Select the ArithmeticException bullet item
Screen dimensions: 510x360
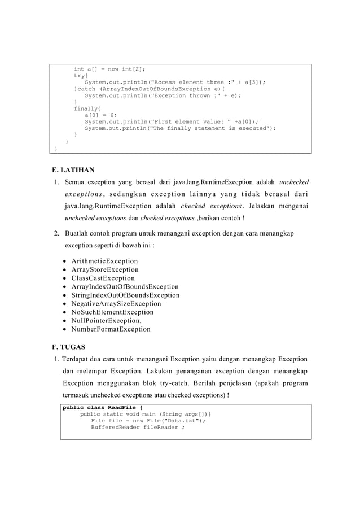tap(104, 261)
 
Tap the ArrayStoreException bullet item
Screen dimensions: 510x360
tap(105, 269)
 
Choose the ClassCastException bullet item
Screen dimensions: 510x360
tap(103, 278)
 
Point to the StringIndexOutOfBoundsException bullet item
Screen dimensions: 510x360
tap(125, 295)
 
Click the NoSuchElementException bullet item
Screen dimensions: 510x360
tap(112, 312)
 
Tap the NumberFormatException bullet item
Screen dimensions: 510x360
tap(111, 329)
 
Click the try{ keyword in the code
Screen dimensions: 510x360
tap(81, 75)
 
